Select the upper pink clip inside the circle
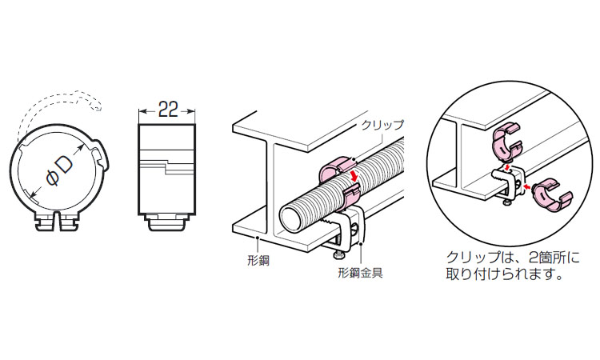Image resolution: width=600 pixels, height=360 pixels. click(x=506, y=140)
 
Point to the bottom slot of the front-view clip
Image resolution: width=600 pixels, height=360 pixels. click(x=60, y=218)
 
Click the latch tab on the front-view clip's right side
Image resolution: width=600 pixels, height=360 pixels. click(x=100, y=151)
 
